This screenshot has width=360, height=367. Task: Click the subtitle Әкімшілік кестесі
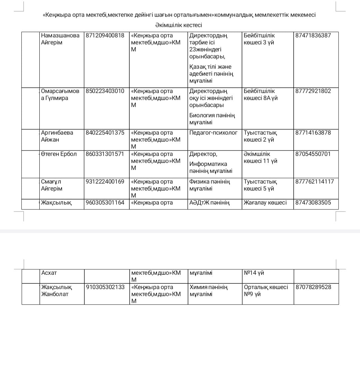pos(179,25)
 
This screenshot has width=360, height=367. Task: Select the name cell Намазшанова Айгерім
pos(60,39)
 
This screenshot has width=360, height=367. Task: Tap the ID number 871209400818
pos(105,35)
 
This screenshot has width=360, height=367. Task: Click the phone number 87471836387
pos(313,35)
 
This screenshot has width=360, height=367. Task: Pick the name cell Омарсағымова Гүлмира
pos(60,95)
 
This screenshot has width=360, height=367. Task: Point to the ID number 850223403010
pos(105,91)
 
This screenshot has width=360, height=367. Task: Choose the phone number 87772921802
pos(313,91)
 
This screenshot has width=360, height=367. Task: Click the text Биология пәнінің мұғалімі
pos(212,119)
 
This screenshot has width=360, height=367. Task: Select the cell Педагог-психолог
pos(213,133)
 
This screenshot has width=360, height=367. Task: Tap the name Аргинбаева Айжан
pos(57,136)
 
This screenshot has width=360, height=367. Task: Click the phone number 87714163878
pos(313,133)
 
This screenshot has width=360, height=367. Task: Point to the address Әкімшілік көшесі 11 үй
pos(260,158)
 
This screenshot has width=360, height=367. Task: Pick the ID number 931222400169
pos(105,182)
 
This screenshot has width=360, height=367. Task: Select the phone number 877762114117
pos(314,182)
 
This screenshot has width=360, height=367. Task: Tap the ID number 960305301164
pos(105,202)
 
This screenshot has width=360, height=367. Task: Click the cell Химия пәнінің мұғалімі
pos(209,290)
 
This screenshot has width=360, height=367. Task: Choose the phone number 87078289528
pos(313,287)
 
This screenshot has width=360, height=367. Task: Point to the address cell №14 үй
pos(254,273)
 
